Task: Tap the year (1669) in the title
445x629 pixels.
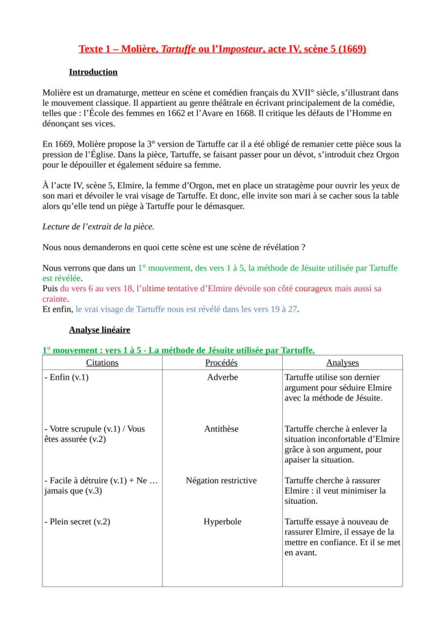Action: [x=351, y=49]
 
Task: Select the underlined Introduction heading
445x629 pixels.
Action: [x=93, y=72]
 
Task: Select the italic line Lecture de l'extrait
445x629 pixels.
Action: [x=98, y=226]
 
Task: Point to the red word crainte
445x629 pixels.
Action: [x=55, y=299]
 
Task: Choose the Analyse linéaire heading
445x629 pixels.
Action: [x=99, y=330]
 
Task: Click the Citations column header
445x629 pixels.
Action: [x=102, y=363]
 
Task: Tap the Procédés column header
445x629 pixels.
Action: [x=221, y=363]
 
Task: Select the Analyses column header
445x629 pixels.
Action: [x=342, y=363]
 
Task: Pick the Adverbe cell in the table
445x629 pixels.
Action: [x=222, y=377]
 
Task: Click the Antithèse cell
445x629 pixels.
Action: [x=221, y=429]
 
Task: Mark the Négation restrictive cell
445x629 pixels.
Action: [x=221, y=480]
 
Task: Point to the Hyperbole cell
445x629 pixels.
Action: [x=222, y=522]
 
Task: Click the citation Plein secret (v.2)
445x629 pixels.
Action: [x=77, y=522]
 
